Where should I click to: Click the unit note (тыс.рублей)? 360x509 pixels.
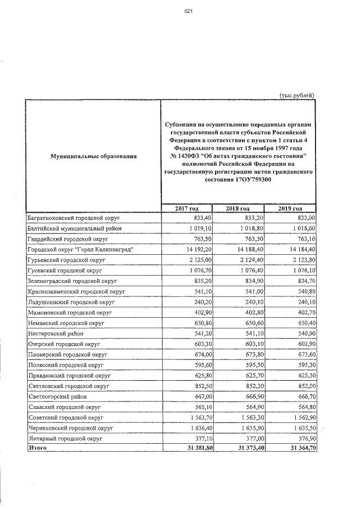(297, 95)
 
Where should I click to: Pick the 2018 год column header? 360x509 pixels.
(238, 209)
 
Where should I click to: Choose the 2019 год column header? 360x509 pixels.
(290, 209)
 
